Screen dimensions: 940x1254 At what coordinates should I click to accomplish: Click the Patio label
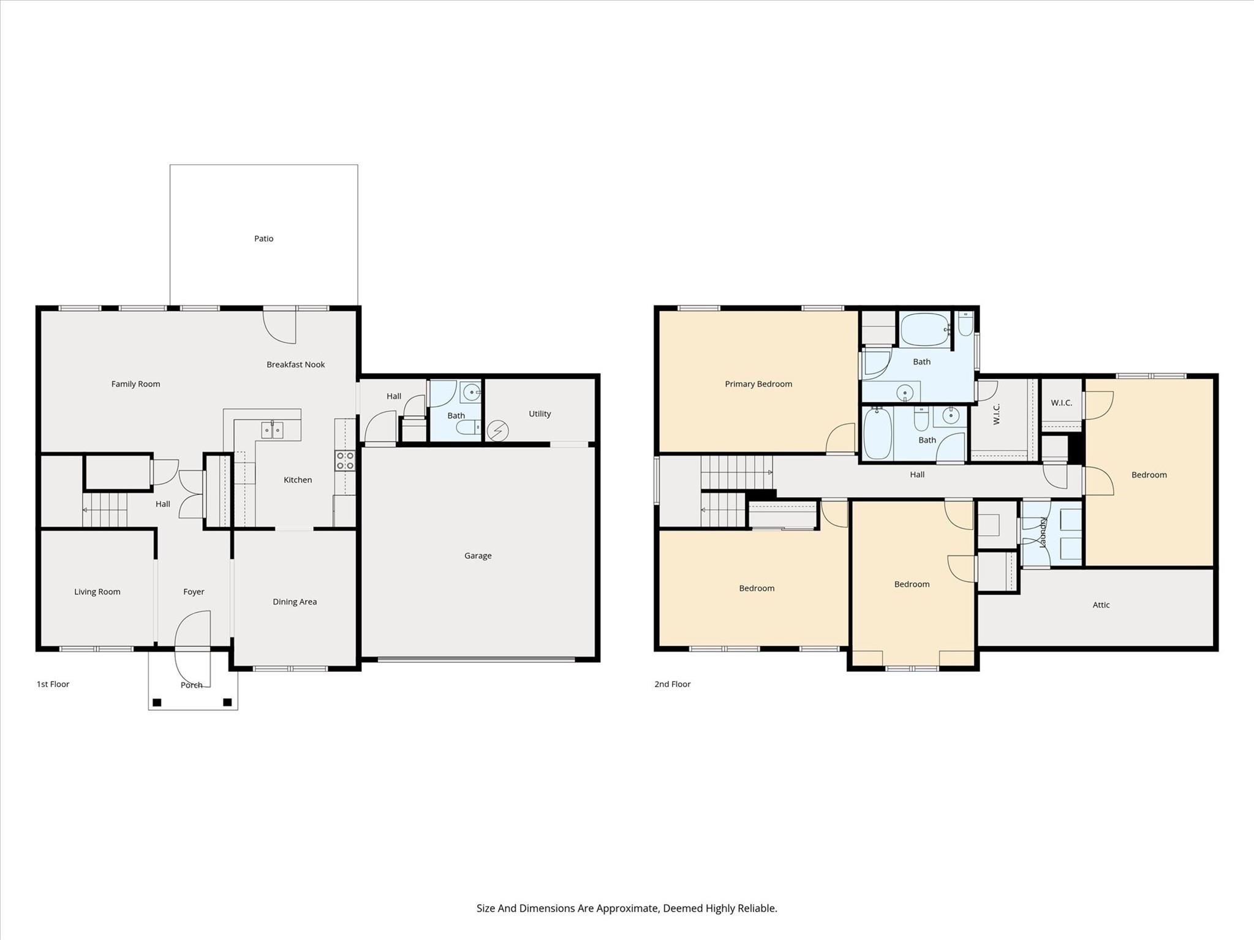(263, 238)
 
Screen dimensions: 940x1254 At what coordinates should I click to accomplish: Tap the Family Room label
(135, 384)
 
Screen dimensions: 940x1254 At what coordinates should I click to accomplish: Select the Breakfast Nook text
(295, 364)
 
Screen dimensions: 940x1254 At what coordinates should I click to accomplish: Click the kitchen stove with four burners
(345, 461)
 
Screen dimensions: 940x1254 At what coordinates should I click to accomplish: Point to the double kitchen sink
(272, 431)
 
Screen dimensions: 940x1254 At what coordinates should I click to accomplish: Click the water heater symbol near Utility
(497, 431)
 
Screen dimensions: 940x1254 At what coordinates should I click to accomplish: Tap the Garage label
(477, 555)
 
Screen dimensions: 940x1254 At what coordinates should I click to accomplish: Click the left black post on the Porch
(157, 702)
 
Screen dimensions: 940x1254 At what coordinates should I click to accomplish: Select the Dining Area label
(295, 601)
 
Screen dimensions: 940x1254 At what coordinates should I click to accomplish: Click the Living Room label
(97, 592)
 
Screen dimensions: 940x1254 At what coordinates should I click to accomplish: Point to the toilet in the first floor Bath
(469, 427)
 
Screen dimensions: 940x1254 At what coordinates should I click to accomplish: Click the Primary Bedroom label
(758, 384)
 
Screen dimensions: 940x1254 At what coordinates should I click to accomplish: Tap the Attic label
(1101, 604)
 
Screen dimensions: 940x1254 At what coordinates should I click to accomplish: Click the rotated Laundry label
(1043, 532)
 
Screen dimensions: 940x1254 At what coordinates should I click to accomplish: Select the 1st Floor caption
(53, 684)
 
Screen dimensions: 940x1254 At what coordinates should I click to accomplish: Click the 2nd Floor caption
(672, 684)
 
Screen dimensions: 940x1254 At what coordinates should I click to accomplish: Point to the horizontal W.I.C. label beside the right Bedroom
(1061, 402)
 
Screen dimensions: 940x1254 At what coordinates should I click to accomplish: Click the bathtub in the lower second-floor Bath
(877, 434)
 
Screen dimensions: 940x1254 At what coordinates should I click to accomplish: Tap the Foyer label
(194, 592)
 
